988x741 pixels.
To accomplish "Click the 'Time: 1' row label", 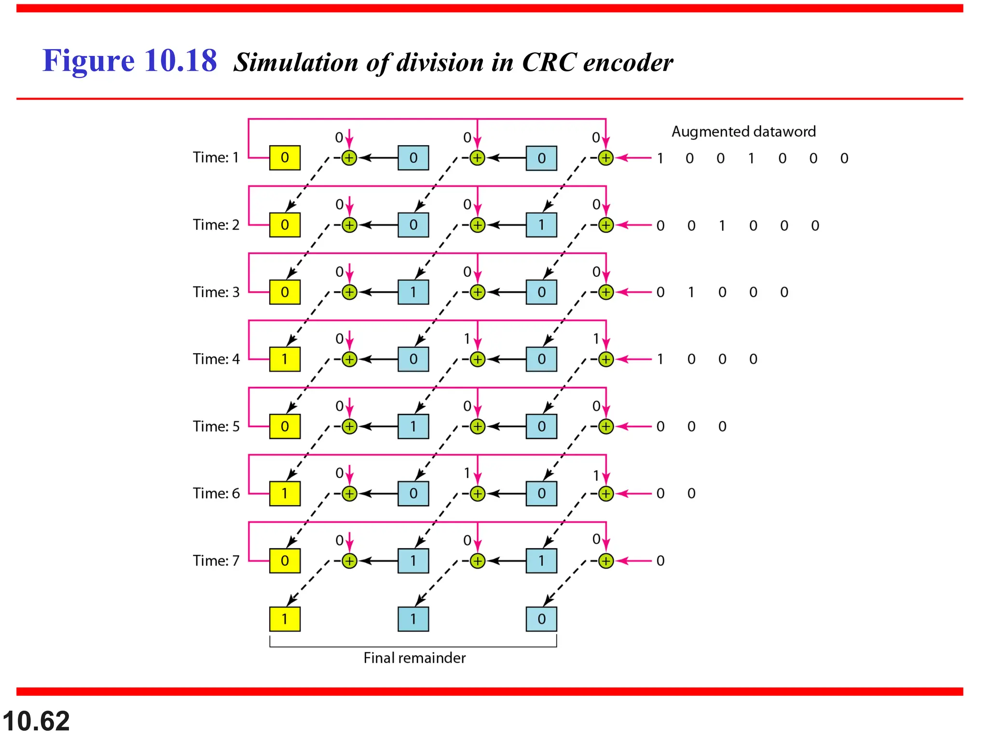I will [216, 158].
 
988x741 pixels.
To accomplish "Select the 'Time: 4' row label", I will [216, 359].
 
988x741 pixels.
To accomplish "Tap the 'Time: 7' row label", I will [216, 561].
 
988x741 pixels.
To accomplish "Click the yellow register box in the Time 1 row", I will [285, 158].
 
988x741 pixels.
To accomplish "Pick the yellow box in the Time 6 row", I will [285, 494].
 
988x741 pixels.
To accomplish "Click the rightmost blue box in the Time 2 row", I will [541, 225].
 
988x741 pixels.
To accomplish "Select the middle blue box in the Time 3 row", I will [413, 292].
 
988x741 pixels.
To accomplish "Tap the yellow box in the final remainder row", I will [285, 619].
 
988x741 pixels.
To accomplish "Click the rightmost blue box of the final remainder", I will [541, 619].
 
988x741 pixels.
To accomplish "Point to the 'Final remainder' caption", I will [414, 658].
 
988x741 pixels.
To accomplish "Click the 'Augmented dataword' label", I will [743, 132].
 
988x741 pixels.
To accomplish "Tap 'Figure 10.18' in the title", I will [129, 61].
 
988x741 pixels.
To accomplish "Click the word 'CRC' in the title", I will [549, 63].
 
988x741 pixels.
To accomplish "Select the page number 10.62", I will [36, 721].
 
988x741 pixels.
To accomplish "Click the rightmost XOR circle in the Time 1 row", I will [605, 158].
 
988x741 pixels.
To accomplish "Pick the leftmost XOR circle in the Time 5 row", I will [349, 426].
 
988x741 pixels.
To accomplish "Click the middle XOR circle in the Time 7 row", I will [477, 561].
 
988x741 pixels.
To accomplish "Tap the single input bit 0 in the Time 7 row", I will [660, 561].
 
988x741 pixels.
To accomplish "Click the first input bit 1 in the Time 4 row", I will [660, 359].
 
